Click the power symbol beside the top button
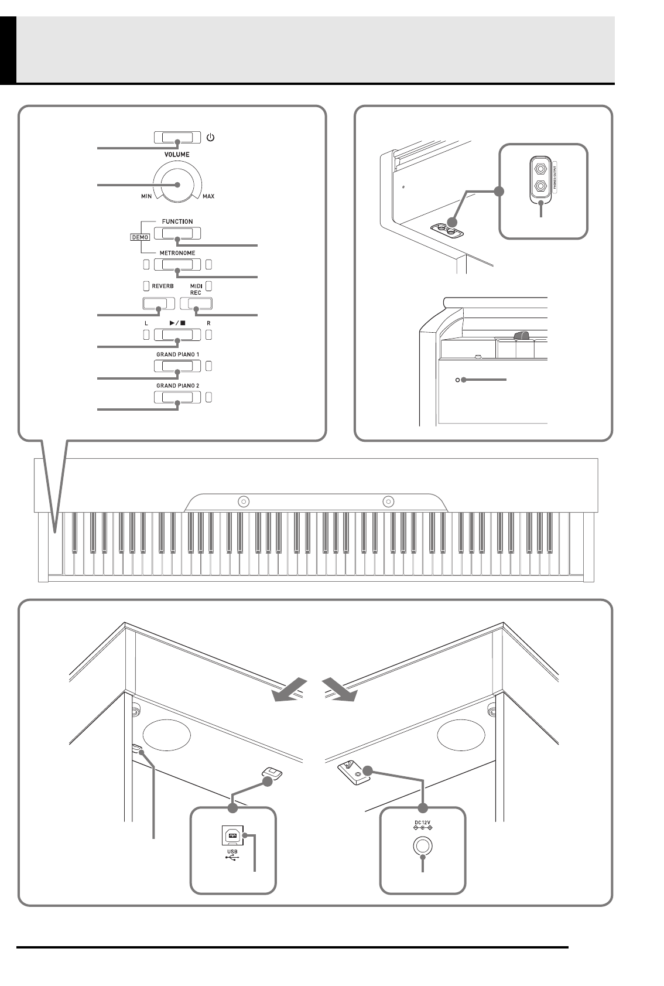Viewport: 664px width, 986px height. click(x=211, y=138)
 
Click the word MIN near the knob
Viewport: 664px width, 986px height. click(x=146, y=196)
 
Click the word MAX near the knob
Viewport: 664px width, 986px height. click(x=208, y=196)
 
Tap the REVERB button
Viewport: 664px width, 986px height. click(x=158, y=303)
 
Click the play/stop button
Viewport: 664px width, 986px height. click(x=177, y=335)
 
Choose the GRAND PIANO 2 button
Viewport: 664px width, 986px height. click(x=177, y=397)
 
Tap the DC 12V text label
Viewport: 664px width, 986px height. click(x=422, y=824)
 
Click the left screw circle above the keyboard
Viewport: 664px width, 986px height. click(x=244, y=501)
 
